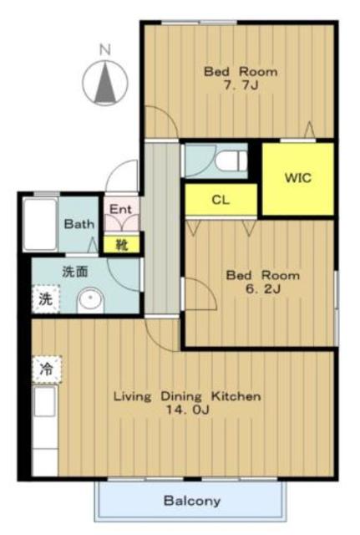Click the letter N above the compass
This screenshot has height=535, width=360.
tap(105, 50)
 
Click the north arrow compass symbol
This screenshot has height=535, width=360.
tap(106, 83)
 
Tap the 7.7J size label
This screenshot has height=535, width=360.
tap(241, 85)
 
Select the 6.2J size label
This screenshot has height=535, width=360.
tap(263, 289)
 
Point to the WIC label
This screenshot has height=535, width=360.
tap(298, 178)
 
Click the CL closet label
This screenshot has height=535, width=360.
tap(221, 200)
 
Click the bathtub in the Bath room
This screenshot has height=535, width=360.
tap(40, 224)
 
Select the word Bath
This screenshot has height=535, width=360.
tap(79, 224)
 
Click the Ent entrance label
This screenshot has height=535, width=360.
tap(120, 209)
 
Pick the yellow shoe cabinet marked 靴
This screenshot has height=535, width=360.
tap(121, 245)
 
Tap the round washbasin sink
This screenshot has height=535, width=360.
tap(90, 300)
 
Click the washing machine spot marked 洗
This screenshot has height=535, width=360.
tap(46, 298)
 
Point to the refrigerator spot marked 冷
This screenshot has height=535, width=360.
tap(47, 369)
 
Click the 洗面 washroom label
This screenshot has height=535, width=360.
tap(75, 271)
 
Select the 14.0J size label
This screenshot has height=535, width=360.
tap(187, 410)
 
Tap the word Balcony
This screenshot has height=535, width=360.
tap(192, 501)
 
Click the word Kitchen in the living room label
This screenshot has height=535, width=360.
tap(236, 396)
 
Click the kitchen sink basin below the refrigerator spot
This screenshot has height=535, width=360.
tap(44, 401)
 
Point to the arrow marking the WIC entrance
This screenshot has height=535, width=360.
tap(310, 130)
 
